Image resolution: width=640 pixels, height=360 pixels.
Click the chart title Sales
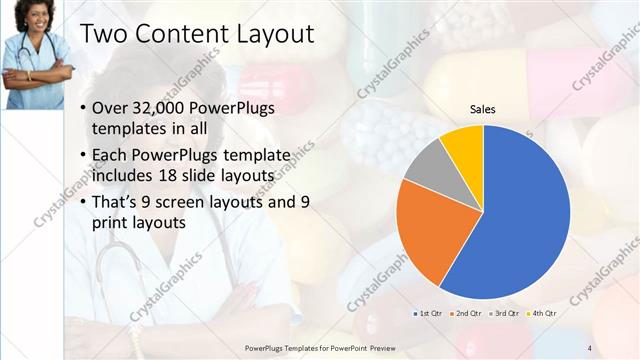pyautogui.click(x=483, y=109)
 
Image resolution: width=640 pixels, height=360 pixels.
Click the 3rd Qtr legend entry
pyautogui.click(x=505, y=314)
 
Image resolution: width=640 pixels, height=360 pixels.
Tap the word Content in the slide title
pyautogui.click(x=176, y=34)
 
